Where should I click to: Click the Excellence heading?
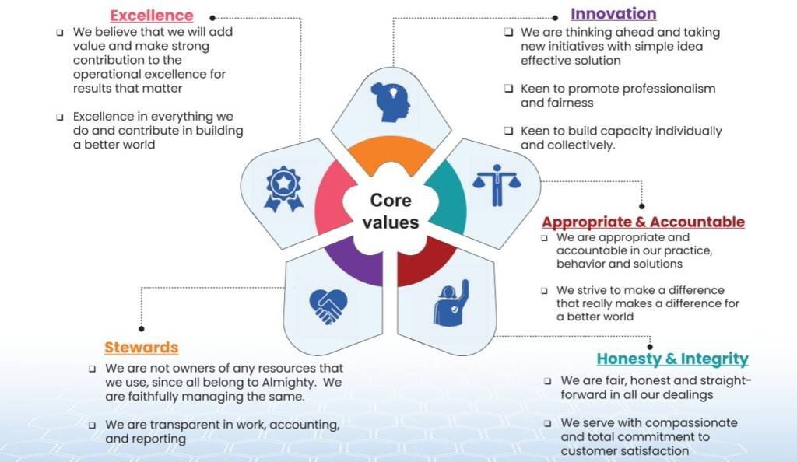[152, 16]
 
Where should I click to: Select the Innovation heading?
[613, 14]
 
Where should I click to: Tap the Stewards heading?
[142, 347]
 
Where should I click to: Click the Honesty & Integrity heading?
[672, 359]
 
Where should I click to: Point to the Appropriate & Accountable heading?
[643, 222]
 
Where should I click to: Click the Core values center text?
[391, 212]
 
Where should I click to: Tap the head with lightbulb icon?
[391, 102]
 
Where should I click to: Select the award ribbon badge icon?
[283, 189]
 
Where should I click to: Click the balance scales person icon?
[497, 185]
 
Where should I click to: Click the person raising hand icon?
[451, 303]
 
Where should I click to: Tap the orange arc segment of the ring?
[391, 152]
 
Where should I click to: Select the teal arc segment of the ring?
[449, 198]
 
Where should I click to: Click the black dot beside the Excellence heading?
[212, 18]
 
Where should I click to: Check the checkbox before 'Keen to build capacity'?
[508, 131]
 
